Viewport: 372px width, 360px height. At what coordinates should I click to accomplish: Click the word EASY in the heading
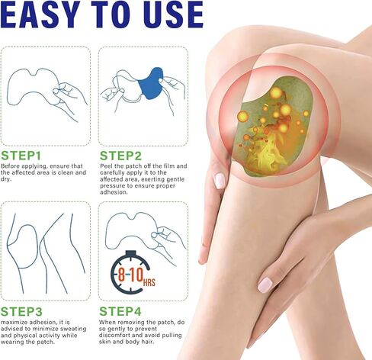point(47,17)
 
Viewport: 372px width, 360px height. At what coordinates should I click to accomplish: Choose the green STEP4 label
point(123,311)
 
